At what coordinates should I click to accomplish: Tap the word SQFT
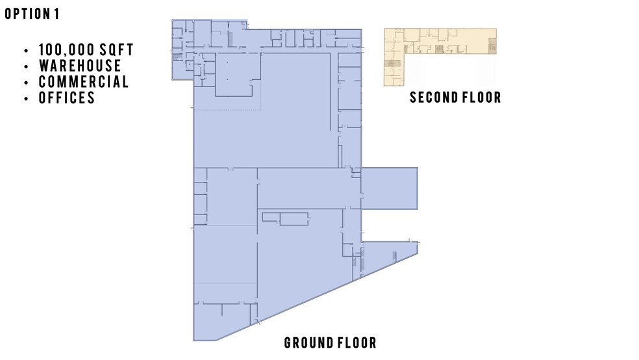(x=118, y=50)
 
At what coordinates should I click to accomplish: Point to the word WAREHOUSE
(x=80, y=66)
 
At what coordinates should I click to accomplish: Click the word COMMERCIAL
(x=84, y=82)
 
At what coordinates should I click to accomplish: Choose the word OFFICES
(x=67, y=98)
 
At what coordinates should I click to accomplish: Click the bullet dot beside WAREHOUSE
(x=25, y=66)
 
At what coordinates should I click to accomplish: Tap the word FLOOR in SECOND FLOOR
(x=481, y=97)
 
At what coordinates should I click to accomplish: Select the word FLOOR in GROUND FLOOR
(x=356, y=343)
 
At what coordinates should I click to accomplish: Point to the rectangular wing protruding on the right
(x=388, y=188)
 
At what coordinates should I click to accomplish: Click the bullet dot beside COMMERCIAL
(x=25, y=83)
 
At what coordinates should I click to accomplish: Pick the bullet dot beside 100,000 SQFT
(x=25, y=51)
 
